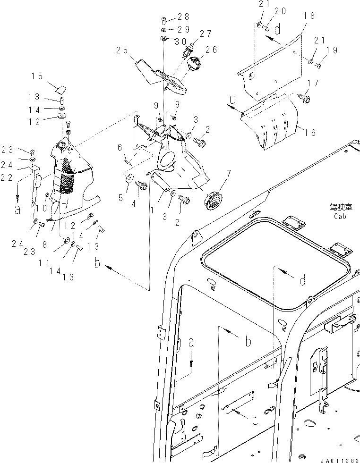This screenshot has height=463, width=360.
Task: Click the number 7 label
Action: tap(229, 174)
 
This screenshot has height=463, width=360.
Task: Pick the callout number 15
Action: tap(37, 76)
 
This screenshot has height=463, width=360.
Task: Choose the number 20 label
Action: tap(281, 11)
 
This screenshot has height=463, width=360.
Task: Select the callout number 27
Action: tap(206, 34)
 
